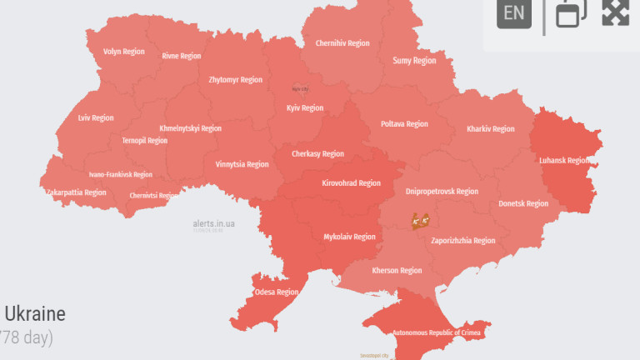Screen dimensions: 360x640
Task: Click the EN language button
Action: tap(514, 12)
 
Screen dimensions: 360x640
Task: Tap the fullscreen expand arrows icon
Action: tap(615, 12)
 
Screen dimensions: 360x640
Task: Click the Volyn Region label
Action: tap(123, 52)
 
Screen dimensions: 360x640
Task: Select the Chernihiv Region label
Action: tap(342, 43)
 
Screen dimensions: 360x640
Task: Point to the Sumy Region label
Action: tap(414, 61)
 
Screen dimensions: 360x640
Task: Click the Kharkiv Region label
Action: tap(490, 129)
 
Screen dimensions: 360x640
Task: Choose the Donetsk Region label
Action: tap(523, 203)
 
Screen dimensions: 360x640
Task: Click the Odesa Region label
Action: tap(276, 292)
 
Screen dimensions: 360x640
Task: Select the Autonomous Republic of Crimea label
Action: tap(437, 332)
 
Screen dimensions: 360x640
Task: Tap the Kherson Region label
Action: tap(396, 271)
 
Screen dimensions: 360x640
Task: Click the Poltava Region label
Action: tap(404, 124)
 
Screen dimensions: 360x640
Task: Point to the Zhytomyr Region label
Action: tap(235, 80)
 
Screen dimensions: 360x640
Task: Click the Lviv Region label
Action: tap(96, 118)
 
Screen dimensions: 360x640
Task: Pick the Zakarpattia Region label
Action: tap(76, 192)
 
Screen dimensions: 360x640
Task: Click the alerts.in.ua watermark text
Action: tap(213, 223)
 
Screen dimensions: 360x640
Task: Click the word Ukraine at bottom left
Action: tap(35, 315)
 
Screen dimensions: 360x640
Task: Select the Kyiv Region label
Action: tap(304, 108)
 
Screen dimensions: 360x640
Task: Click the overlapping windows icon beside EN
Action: tap(572, 12)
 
